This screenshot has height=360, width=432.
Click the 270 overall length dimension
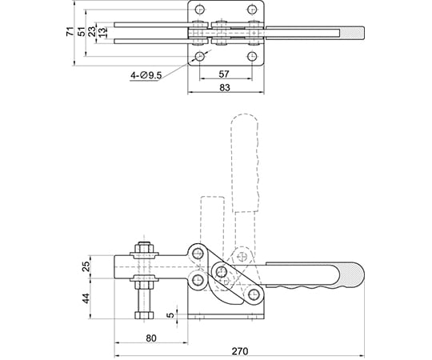coord(240,351)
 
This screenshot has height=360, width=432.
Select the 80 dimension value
coord(151,338)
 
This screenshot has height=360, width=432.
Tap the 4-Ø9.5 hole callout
coord(146,75)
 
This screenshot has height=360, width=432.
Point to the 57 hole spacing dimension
coord(224,74)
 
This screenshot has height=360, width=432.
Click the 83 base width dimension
coord(225,87)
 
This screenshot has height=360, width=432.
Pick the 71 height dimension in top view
coord(70,31)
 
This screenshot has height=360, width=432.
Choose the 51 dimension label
coord(82,32)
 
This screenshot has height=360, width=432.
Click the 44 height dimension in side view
coord(86,298)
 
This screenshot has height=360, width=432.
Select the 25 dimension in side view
coord(86,266)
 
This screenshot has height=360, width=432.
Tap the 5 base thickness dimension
coord(171,314)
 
